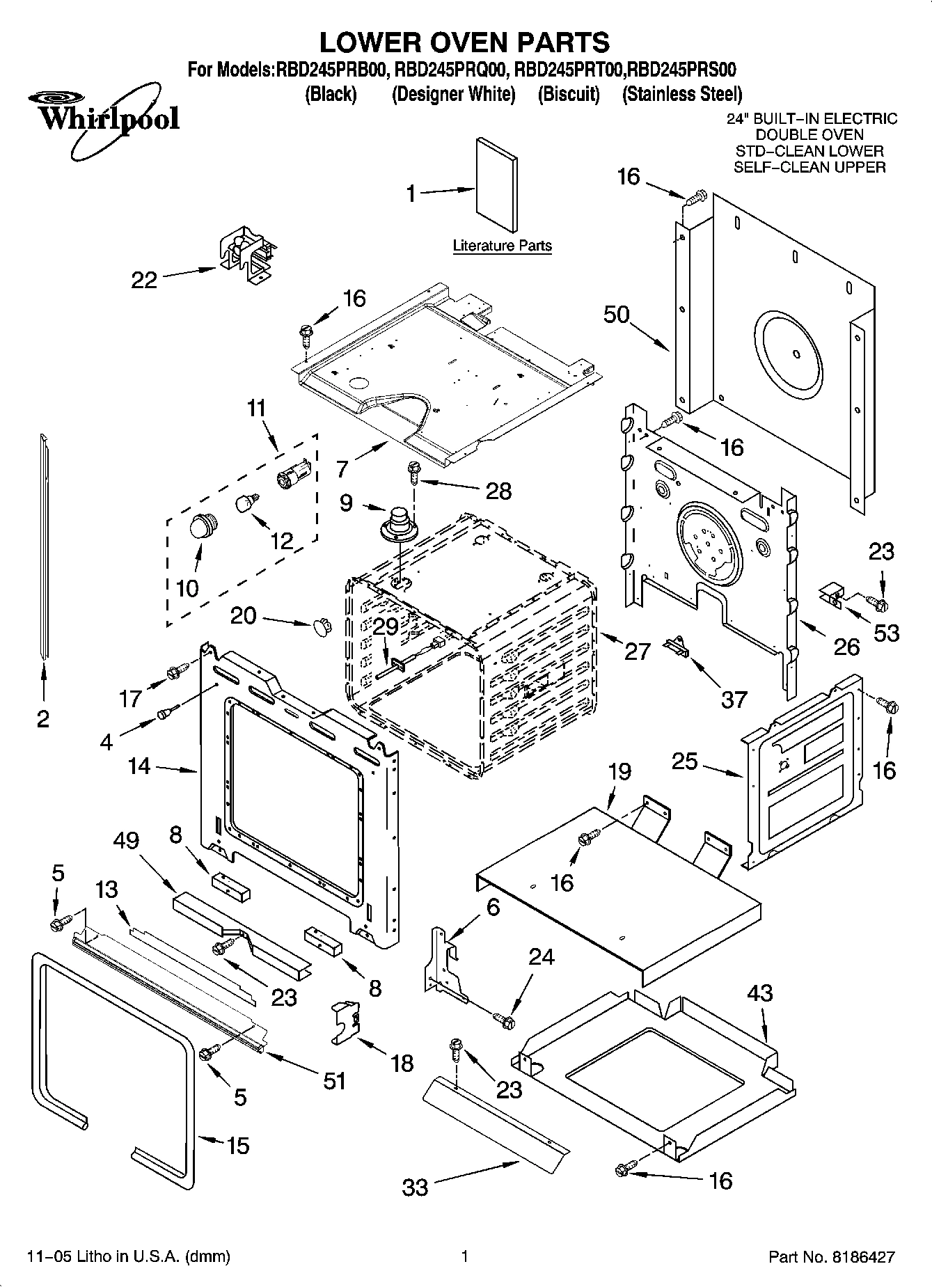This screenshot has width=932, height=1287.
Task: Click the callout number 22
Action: tap(145, 280)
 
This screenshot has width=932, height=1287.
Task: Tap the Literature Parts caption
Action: tap(502, 246)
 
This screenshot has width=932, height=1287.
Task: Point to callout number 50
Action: tap(616, 315)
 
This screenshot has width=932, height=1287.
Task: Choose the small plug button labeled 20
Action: tap(322, 624)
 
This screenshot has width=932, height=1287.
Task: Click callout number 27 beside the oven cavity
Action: tap(637, 651)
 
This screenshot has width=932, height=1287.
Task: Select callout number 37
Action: tap(734, 698)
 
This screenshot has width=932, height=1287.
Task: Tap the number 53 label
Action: tap(886, 633)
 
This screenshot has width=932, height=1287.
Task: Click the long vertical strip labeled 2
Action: tap(45, 543)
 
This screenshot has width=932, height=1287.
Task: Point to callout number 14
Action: tap(139, 766)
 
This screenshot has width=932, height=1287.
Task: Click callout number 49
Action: tap(126, 840)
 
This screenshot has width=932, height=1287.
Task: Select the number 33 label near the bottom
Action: tap(416, 1186)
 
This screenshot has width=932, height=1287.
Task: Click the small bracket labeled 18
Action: tap(346, 1022)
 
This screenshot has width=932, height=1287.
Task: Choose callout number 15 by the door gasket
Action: tap(237, 1145)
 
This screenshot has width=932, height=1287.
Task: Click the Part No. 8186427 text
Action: tap(831, 1256)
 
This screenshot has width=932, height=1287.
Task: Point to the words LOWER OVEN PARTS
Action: tap(464, 42)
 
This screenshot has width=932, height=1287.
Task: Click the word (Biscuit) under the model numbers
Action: tap(568, 94)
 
